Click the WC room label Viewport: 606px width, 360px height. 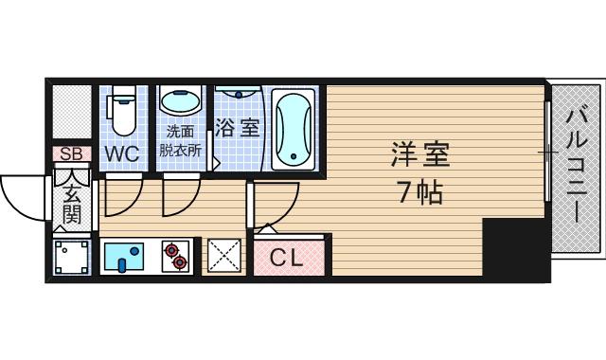pyautogui.click(x=121, y=153)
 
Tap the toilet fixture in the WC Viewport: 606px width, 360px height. pyautogui.click(x=122, y=112)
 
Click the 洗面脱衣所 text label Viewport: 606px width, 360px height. pyautogui.click(x=180, y=140)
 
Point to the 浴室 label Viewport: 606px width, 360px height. pyautogui.click(x=237, y=128)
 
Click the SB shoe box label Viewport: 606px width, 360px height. pyautogui.click(x=71, y=153)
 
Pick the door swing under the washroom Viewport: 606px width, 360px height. pyautogui.click(x=177, y=197)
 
